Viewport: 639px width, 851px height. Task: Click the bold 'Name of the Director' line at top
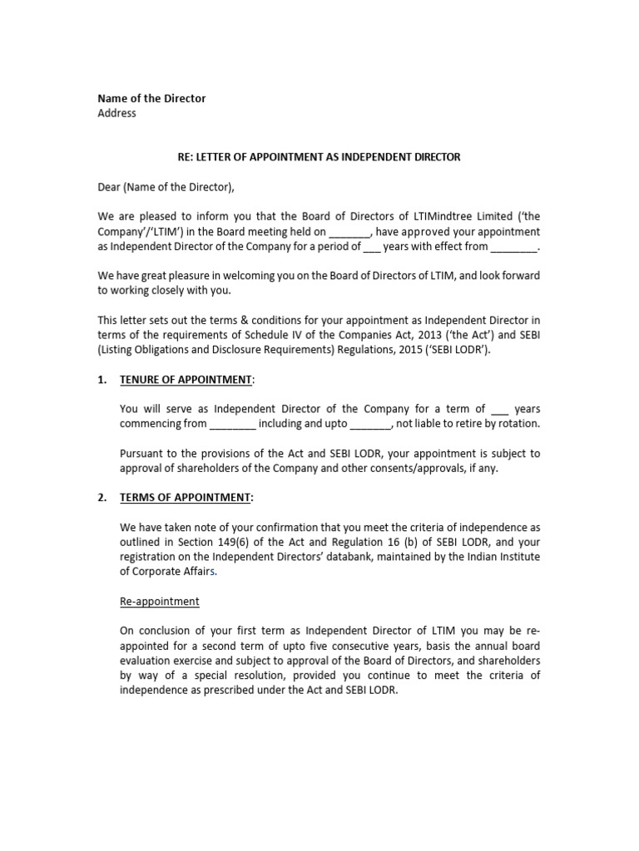(x=151, y=98)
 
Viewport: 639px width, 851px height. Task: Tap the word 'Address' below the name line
(x=116, y=113)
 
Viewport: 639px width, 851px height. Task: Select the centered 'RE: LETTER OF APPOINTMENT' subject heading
(x=319, y=156)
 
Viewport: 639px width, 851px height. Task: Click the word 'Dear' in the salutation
(x=110, y=187)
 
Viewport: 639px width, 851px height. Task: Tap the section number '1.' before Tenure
(x=102, y=379)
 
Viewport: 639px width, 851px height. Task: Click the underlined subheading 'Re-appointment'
(x=159, y=601)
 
